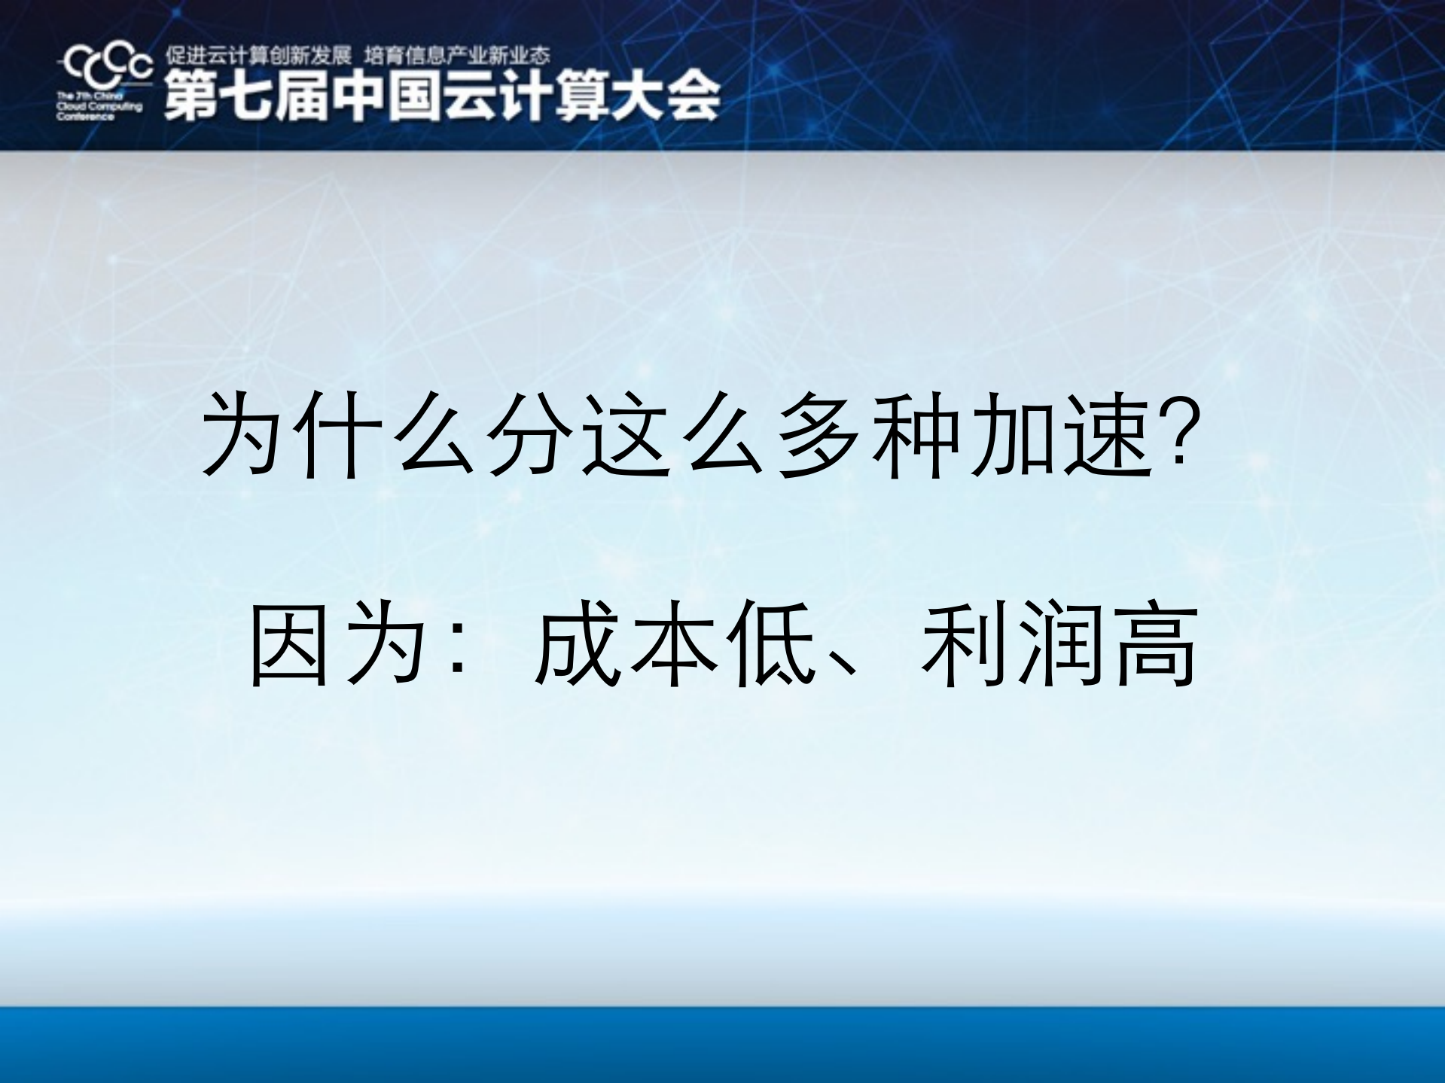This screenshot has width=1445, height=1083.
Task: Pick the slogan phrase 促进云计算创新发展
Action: tap(258, 55)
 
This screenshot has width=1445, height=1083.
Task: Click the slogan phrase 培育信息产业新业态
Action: tap(457, 55)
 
